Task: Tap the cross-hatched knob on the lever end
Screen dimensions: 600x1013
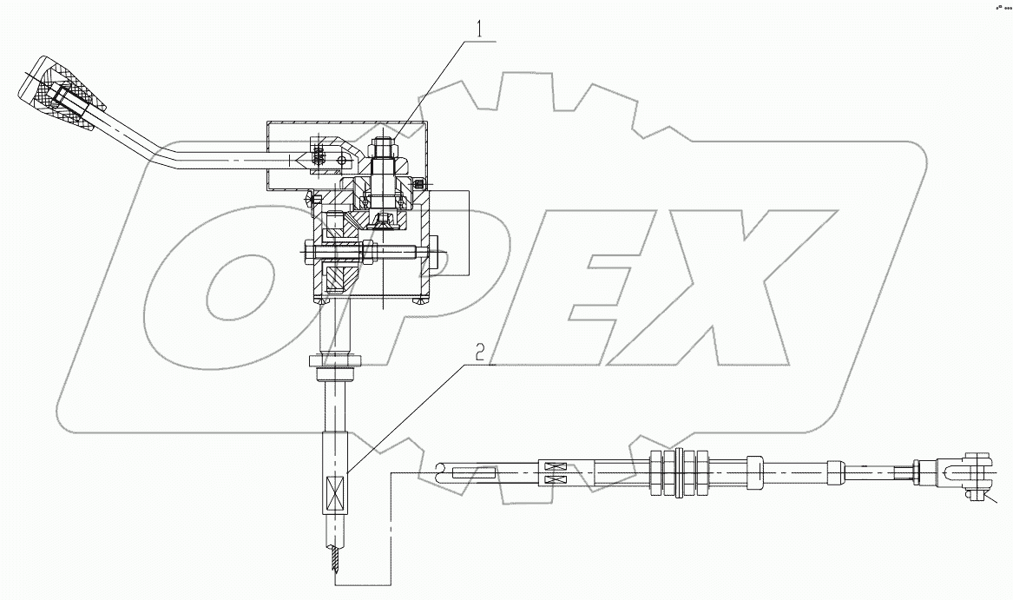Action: tap(66, 95)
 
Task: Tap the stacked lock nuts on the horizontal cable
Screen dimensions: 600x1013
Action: tap(676, 474)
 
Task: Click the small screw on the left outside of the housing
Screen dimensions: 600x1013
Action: tap(312, 201)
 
